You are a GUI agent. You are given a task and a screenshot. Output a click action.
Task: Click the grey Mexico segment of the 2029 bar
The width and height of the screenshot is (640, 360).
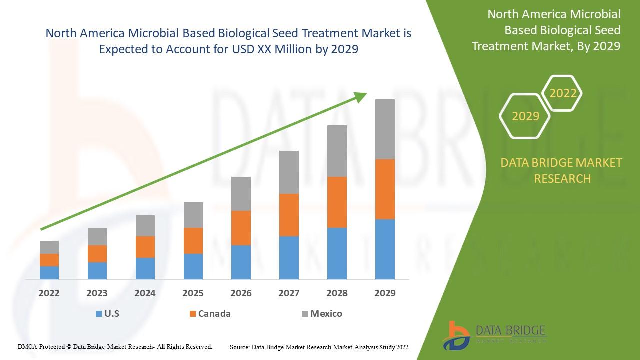pyautogui.click(x=385, y=129)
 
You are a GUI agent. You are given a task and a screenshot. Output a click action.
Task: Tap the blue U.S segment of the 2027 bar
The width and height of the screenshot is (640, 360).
pyautogui.click(x=289, y=257)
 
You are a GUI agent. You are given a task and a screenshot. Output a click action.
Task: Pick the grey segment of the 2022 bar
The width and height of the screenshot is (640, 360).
pyautogui.click(x=49, y=247)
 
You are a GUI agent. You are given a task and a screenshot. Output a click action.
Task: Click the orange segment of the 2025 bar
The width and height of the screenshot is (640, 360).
pyautogui.click(x=193, y=240)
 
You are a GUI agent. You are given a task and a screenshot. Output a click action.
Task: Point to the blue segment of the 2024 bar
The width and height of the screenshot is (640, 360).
pyautogui.click(x=145, y=268)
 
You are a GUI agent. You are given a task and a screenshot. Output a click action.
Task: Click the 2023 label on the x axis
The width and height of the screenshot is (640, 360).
pyautogui.click(x=97, y=293)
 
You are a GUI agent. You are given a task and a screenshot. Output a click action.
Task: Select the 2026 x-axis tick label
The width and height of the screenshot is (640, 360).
pyautogui.click(x=241, y=293)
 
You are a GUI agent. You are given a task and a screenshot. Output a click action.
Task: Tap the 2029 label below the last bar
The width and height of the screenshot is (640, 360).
pyautogui.click(x=385, y=293)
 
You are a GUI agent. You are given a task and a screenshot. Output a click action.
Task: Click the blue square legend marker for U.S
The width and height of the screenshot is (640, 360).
pyautogui.click(x=98, y=314)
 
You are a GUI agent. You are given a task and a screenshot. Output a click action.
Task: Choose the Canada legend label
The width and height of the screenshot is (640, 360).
pyautogui.click(x=214, y=314)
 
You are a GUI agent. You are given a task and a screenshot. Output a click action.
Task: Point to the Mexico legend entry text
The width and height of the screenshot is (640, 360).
pyautogui.click(x=326, y=314)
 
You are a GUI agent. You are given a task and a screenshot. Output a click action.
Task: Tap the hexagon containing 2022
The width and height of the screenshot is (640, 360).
pyautogui.click(x=563, y=93)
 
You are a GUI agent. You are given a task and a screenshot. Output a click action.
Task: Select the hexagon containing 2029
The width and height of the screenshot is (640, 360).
pyautogui.click(x=525, y=116)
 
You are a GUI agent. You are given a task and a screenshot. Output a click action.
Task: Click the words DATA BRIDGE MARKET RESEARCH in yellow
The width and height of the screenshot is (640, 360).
pyautogui.click(x=562, y=170)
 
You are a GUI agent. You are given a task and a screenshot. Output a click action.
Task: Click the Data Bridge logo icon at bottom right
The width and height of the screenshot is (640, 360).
pyautogui.click(x=456, y=335)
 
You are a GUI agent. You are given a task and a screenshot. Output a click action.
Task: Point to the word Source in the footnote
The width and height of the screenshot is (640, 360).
pyautogui.click(x=240, y=347)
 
